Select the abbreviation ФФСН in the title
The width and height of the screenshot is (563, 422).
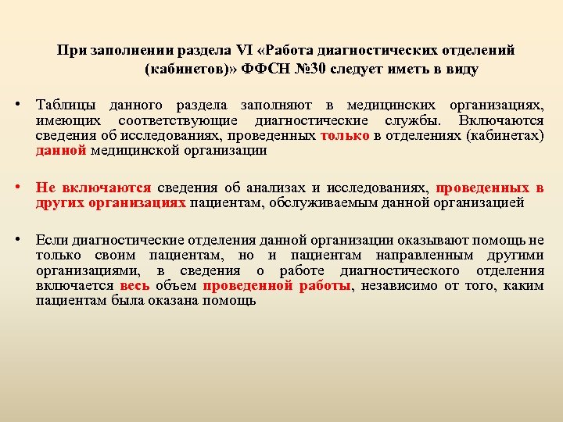266,69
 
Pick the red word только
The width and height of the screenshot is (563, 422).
346,136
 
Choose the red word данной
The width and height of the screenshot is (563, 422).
61,151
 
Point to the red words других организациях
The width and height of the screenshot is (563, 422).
110,203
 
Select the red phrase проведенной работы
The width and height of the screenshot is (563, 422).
277,285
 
